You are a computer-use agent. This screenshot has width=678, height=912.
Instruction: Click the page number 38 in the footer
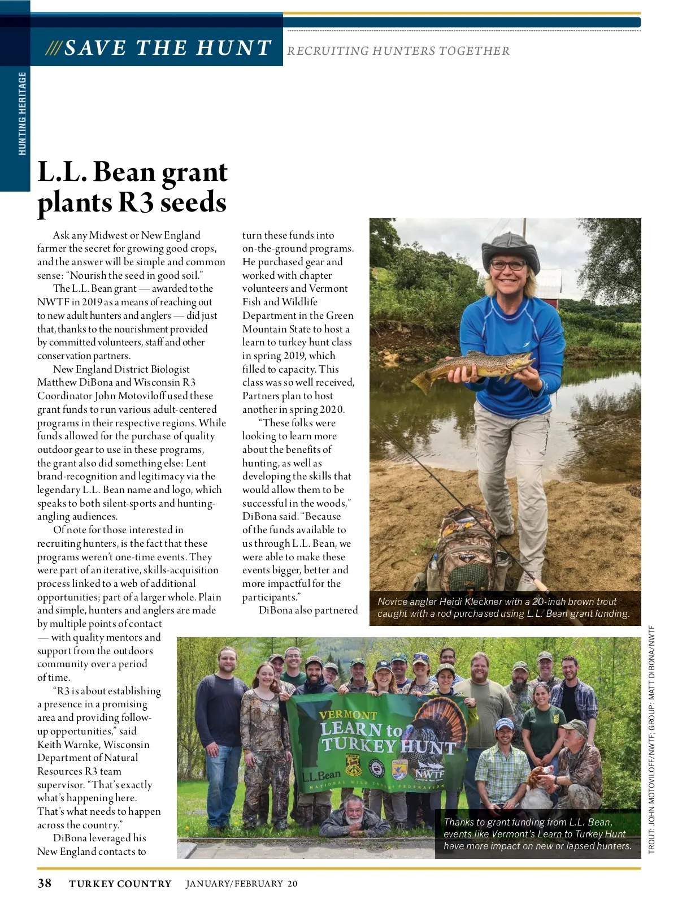pos(44,883)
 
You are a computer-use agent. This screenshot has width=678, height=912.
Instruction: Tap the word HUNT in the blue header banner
pos(233,48)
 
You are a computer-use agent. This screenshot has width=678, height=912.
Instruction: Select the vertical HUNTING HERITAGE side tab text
pos(22,113)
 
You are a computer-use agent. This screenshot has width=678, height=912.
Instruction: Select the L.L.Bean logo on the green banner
pos(321,776)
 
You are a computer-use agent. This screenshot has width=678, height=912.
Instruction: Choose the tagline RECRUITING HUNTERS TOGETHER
pos(398,51)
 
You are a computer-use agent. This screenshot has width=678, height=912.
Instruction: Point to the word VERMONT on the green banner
pos(348,715)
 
